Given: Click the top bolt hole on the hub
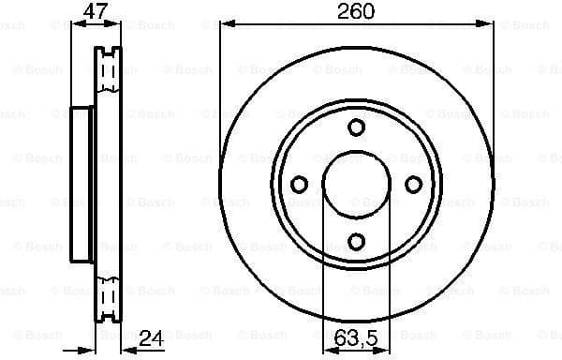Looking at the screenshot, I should coord(356,127).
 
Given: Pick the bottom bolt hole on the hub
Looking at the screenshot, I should coord(356,242).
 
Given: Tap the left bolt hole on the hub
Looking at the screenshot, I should coord(299,185).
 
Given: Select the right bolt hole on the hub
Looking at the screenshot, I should coord(413,185).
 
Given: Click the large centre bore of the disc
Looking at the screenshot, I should coord(356,185).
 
